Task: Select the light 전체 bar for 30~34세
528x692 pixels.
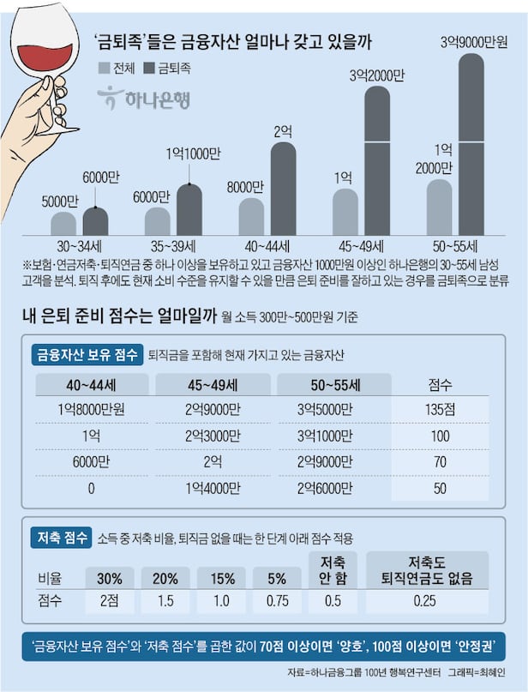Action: click(x=63, y=224)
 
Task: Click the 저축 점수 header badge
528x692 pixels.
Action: click(x=61, y=539)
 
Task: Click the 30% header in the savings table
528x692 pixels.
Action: click(x=109, y=577)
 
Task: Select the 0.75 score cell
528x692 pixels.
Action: click(x=277, y=600)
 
